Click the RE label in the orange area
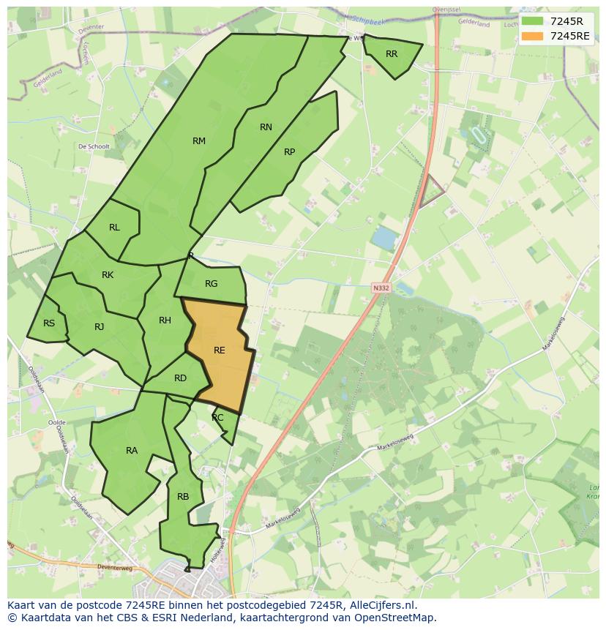220,350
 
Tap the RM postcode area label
199,141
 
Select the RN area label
266,127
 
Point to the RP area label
290,152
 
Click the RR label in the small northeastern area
392,54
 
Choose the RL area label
114,228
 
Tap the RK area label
108,275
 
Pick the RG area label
212,284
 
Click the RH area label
165,320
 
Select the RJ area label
100,327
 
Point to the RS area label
49,323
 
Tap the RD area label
180,378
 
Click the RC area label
217,418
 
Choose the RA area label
132,451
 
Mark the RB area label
183,497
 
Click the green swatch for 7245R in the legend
532,21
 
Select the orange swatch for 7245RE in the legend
532,36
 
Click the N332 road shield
381,288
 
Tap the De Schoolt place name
94,146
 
